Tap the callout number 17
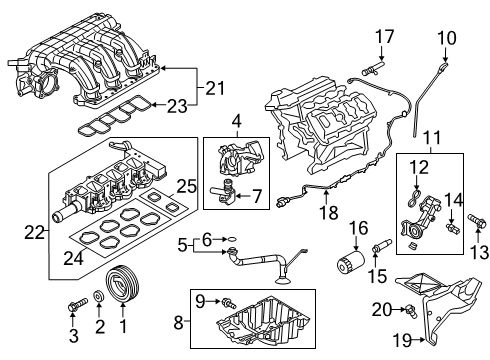(381, 38)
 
